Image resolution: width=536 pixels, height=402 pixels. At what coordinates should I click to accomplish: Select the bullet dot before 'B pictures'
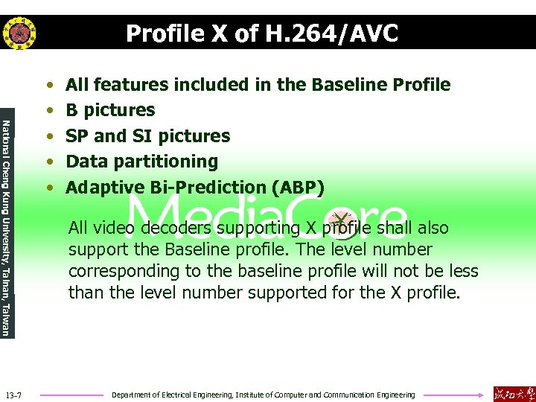pos(48,111)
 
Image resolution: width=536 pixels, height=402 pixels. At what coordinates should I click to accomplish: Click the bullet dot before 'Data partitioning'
pos(48,162)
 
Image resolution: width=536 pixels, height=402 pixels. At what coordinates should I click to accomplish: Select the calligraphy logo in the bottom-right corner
pos(514,394)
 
